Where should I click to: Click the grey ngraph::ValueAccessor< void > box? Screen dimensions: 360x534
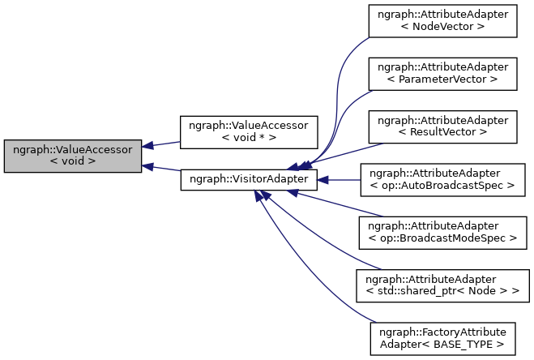(73, 156)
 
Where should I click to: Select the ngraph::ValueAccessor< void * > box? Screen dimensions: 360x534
(248, 131)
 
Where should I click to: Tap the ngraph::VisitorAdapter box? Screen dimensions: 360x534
(248, 179)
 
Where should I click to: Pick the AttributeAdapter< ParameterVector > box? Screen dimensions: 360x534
(442, 73)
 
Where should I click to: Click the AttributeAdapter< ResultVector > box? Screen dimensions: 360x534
(442, 125)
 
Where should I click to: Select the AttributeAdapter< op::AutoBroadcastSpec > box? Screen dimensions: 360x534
(442, 179)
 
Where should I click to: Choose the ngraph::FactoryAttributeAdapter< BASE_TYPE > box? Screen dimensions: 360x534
(442, 336)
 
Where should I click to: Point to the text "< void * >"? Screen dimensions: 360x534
(248, 138)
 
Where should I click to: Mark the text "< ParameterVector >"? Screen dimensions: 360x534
(442, 79)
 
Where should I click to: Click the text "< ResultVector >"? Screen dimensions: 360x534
(442, 131)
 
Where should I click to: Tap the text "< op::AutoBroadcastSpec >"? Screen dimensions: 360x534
(442, 186)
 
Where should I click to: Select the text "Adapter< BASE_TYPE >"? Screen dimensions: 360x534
(442, 343)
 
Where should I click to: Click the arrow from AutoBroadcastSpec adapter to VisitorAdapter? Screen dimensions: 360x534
(340, 179)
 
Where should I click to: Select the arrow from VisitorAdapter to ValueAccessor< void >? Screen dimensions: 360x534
(162, 168)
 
